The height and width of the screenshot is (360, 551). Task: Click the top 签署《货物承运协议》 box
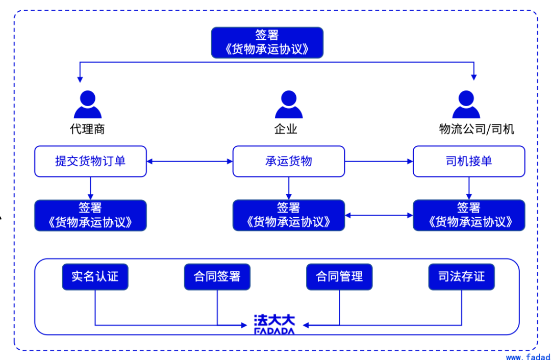(x=267, y=42)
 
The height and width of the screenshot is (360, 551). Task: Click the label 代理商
(x=87, y=129)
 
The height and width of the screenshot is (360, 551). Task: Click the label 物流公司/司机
(x=476, y=129)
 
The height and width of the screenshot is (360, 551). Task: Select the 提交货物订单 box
(x=90, y=162)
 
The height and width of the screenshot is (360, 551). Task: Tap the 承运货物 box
(x=288, y=162)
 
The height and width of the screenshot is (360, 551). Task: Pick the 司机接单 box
(x=468, y=162)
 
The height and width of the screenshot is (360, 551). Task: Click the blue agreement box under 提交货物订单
(x=90, y=215)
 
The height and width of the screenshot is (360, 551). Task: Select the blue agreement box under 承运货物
(x=288, y=215)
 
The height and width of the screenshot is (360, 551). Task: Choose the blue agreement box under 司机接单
(x=468, y=215)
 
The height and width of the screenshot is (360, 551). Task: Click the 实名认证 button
(x=95, y=277)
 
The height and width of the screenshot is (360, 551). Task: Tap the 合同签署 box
(x=217, y=277)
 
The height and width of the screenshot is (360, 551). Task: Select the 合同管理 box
(x=339, y=277)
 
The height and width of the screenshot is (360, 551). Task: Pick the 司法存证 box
(x=461, y=277)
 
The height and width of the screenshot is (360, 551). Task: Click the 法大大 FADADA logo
(x=274, y=324)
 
